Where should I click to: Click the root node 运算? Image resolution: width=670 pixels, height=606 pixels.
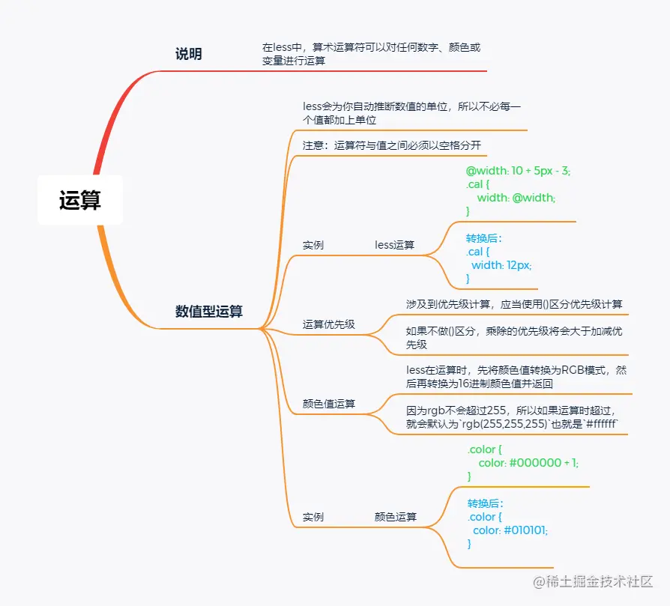pyautogui.click(x=80, y=200)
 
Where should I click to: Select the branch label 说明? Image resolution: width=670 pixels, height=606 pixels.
pyautogui.click(x=188, y=54)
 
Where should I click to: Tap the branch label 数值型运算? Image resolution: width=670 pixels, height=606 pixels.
pyautogui.click(x=209, y=312)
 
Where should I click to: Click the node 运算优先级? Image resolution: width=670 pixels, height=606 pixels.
pyautogui.click(x=328, y=324)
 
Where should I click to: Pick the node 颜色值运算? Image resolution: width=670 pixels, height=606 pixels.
pyautogui.click(x=328, y=404)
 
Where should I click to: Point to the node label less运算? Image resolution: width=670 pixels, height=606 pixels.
pyautogui.click(x=394, y=245)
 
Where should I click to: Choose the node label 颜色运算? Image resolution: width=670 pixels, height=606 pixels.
pyautogui.click(x=396, y=517)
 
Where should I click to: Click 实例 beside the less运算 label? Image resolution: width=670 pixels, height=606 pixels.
pyautogui.click(x=313, y=245)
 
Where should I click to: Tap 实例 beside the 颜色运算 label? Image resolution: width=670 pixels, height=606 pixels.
pyautogui.click(x=313, y=517)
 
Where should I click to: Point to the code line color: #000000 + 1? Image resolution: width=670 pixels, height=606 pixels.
pyautogui.click(x=528, y=463)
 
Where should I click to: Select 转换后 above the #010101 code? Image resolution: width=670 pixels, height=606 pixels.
pyautogui.click(x=486, y=503)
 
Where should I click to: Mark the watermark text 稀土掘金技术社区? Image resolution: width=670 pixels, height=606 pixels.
pyautogui.click(x=598, y=582)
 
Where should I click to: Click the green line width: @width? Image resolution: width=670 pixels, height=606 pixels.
pyautogui.click(x=516, y=198)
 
